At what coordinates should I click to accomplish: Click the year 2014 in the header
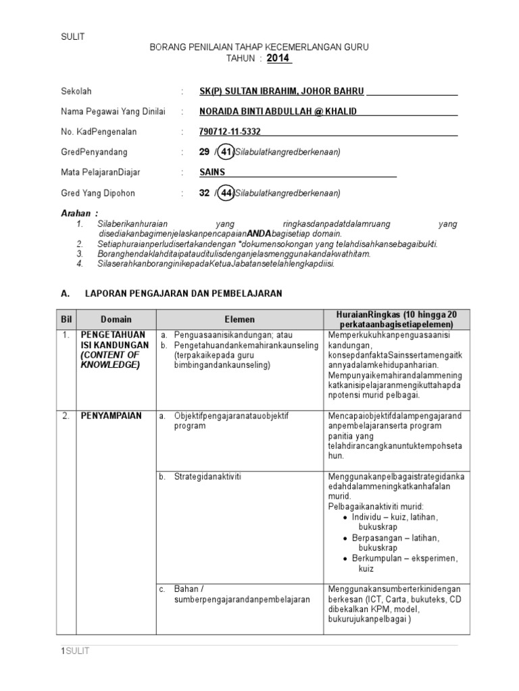point(278,58)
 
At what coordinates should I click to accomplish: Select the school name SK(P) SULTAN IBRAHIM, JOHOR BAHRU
point(282,91)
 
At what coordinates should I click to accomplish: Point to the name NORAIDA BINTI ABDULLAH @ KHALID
point(278,111)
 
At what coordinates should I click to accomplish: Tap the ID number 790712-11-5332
point(230,132)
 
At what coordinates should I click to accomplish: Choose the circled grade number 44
point(227,193)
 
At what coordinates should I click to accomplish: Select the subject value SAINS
point(212,172)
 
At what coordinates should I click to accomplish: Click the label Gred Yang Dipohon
point(97,193)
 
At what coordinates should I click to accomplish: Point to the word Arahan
point(75,213)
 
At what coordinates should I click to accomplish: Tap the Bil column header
point(66,319)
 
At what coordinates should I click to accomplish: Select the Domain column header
point(116,319)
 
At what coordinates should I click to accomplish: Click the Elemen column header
point(240,319)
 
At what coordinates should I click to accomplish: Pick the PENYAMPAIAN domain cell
point(111,416)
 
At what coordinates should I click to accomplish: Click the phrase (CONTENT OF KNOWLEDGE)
point(109,360)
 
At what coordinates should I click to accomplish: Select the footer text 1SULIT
point(75,651)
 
